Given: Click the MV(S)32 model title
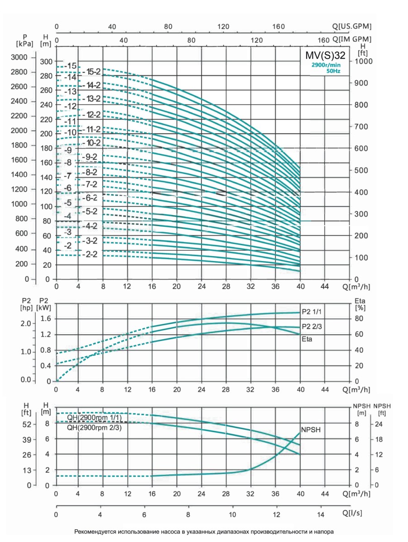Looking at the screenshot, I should click(x=326, y=56).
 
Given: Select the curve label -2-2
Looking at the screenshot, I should click(x=91, y=254).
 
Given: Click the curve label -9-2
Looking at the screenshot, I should click(x=91, y=157).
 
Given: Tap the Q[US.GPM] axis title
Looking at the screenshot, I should click(x=352, y=27).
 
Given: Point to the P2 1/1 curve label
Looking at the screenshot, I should click(x=312, y=312).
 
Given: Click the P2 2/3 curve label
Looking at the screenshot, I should click(x=312, y=327).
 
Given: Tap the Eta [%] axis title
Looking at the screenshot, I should click(x=361, y=303).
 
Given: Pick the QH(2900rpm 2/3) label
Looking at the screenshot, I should click(x=97, y=427).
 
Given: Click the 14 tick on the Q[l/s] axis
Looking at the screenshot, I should click(x=320, y=515).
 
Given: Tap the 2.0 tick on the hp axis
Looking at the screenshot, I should click(x=25, y=323).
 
